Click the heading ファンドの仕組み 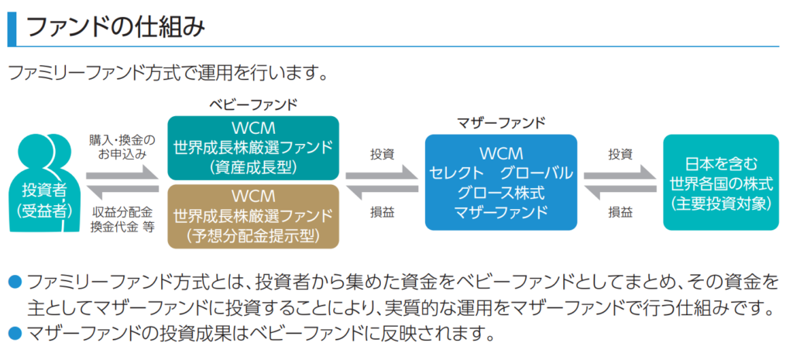(116, 28)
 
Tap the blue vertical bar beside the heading (10, 28)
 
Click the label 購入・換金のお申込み (122, 146)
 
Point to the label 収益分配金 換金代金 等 (122, 219)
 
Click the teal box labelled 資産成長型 (253, 147)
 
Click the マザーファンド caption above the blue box (501, 122)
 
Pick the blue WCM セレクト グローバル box (501, 182)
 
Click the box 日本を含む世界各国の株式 (721, 182)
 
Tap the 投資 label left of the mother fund (382, 153)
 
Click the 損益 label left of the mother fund (382, 211)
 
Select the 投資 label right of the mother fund (620, 153)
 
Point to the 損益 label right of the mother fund (620, 211)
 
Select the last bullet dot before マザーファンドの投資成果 (14, 335)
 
